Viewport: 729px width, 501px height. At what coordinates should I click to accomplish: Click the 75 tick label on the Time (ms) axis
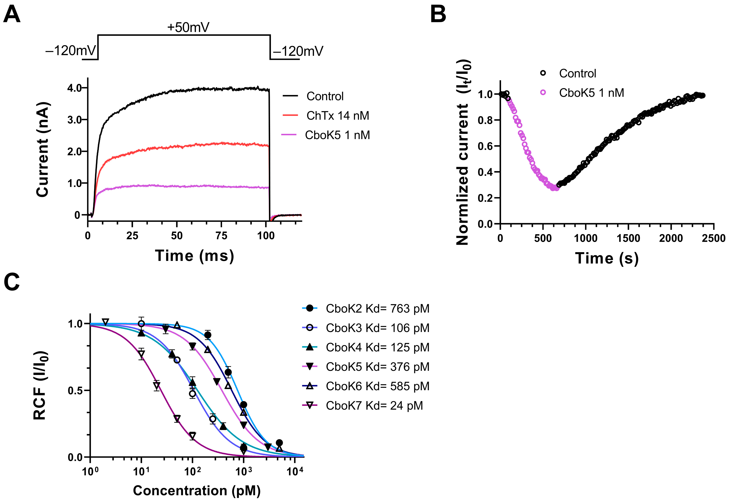(221, 235)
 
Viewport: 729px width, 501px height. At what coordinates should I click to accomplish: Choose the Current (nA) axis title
(42, 150)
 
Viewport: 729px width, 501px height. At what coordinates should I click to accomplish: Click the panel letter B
(438, 15)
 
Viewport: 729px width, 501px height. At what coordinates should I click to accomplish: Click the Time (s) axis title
(607, 258)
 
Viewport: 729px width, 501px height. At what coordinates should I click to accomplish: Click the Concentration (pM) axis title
(197, 490)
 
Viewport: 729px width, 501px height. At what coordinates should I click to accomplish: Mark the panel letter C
(12, 282)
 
